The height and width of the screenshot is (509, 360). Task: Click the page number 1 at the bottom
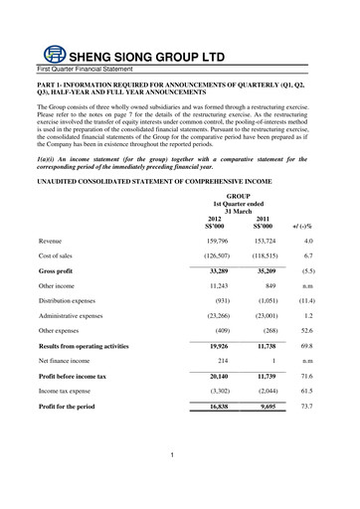tap(172, 455)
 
